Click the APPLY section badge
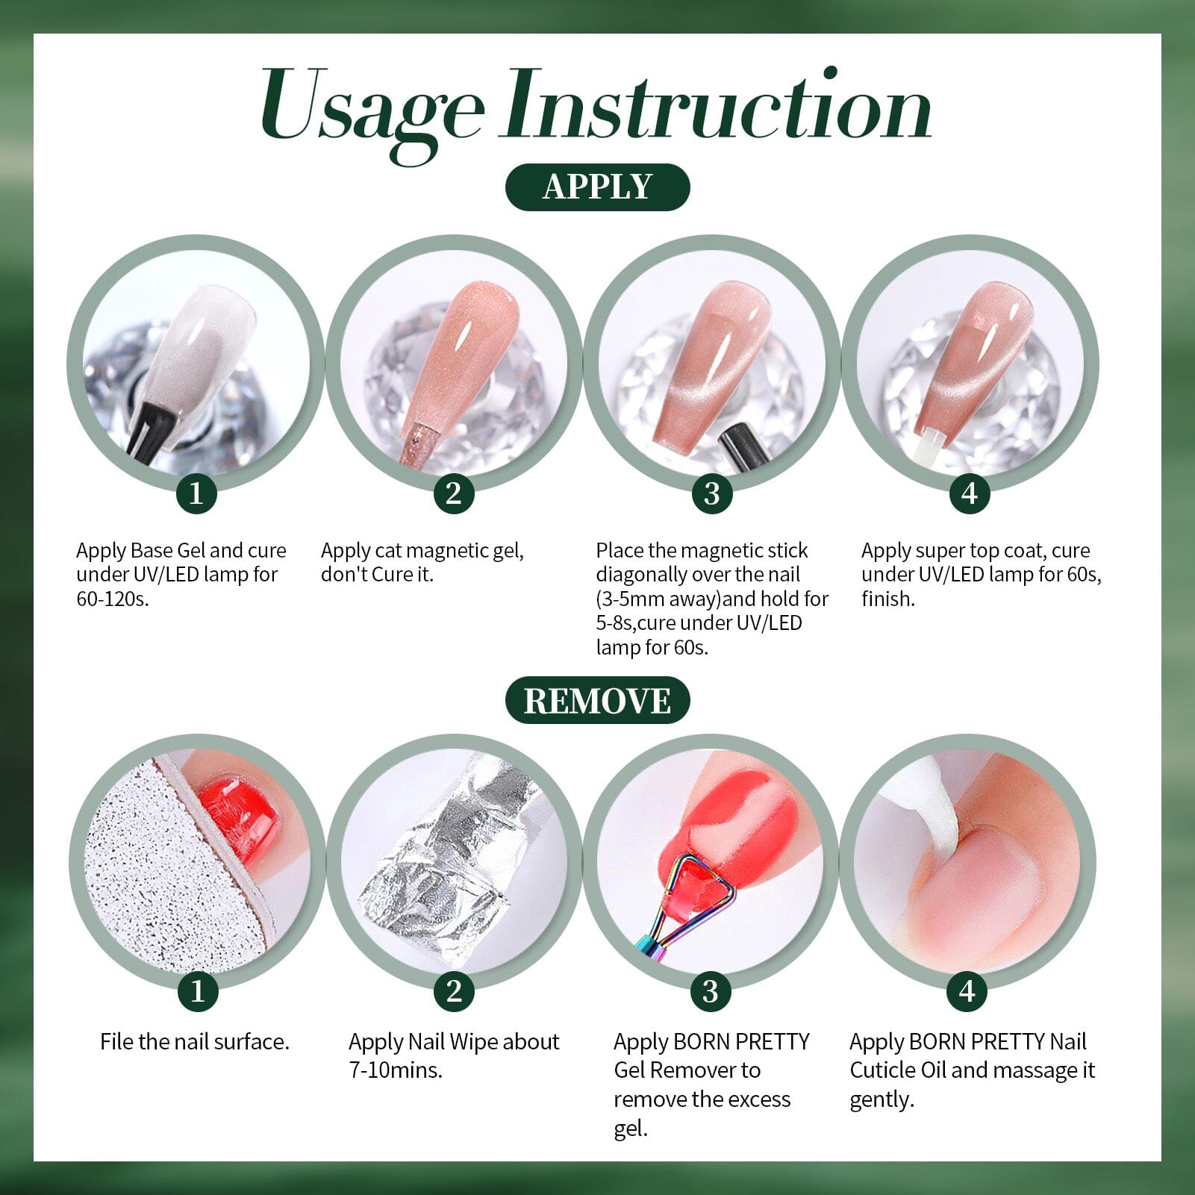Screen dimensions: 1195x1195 click(x=597, y=187)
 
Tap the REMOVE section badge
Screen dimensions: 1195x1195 click(x=597, y=700)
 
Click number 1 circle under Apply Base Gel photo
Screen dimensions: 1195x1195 click(x=196, y=493)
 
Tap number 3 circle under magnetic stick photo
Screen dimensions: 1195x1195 click(x=711, y=493)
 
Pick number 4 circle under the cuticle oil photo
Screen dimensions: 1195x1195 click(x=967, y=991)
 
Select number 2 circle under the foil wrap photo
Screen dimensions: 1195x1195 click(x=454, y=991)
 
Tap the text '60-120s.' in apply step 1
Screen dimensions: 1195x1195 click(x=112, y=599)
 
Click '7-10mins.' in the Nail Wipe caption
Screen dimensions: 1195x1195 click(x=396, y=1070)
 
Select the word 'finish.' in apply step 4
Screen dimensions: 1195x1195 click(x=887, y=599)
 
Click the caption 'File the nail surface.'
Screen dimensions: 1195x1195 click(x=195, y=1042)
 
